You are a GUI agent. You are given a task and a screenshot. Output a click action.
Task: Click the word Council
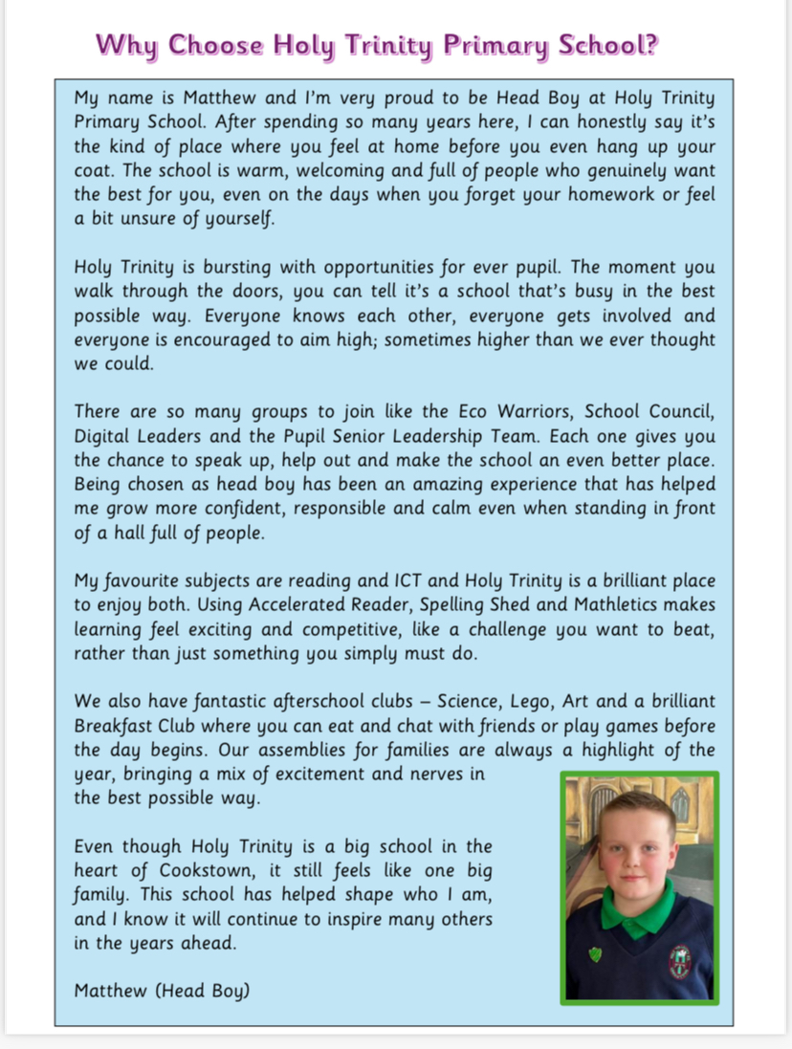678,412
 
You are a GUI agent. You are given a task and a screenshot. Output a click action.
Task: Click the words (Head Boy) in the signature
203,991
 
